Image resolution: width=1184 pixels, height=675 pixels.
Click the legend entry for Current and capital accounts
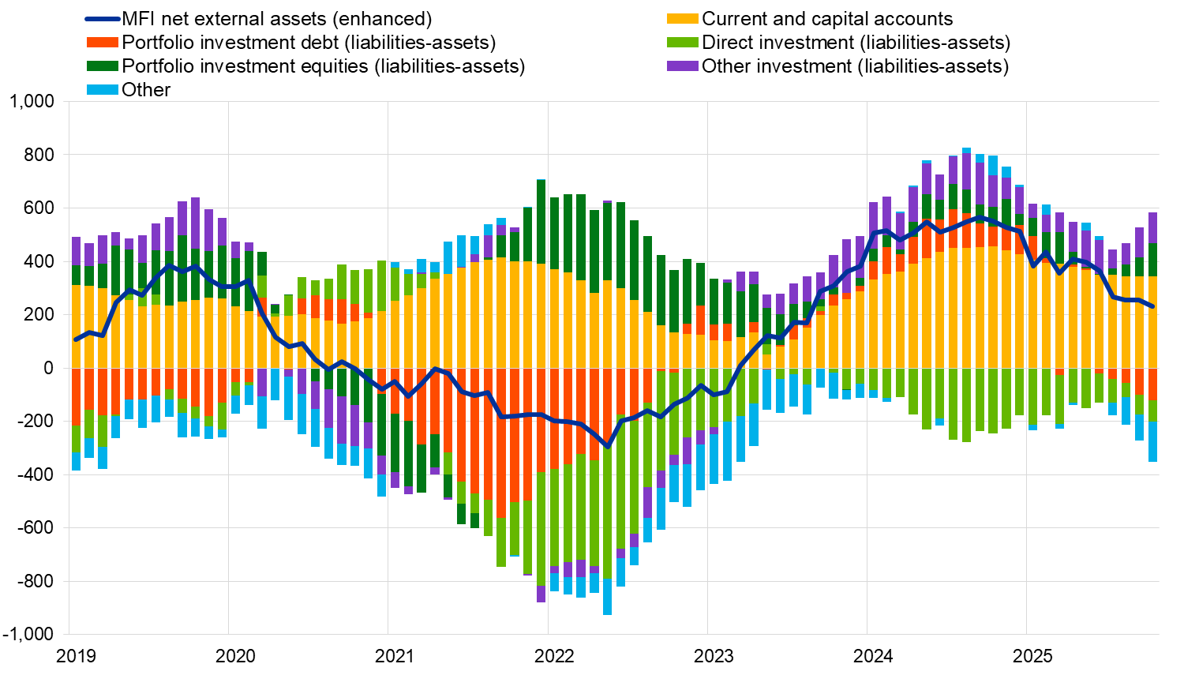[x=827, y=19]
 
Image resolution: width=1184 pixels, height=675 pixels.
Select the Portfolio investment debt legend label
[x=309, y=43]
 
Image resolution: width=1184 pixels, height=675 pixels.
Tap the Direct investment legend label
[x=856, y=43]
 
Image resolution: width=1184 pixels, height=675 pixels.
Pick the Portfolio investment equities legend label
[x=323, y=66]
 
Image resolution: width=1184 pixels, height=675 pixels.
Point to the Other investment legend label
[x=855, y=66]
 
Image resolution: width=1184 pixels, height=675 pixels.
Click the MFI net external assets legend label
[x=276, y=19]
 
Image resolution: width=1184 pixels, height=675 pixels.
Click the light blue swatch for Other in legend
[x=102, y=90]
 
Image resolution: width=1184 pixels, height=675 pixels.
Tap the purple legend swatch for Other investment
[x=683, y=66]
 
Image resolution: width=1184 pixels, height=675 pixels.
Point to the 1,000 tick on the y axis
[x=32, y=102]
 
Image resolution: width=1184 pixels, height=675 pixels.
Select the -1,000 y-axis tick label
[x=28, y=635]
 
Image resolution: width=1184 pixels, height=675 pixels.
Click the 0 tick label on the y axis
[x=49, y=369]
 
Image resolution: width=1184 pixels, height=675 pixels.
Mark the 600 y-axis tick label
[x=39, y=208]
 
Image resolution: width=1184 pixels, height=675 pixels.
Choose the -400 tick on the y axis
[x=36, y=475]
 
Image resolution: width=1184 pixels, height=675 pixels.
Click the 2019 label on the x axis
[x=77, y=656]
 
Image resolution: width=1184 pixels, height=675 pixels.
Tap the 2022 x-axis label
[x=555, y=656]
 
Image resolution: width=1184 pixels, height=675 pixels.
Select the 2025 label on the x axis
[x=1033, y=656]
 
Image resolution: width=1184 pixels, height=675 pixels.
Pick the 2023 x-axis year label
[x=714, y=656]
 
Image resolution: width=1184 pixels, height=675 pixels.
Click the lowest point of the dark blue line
[x=607, y=447]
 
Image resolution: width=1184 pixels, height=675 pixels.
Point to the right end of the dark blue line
[x=1152, y=306]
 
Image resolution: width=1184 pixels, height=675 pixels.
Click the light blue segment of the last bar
[x=1152, y=441]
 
